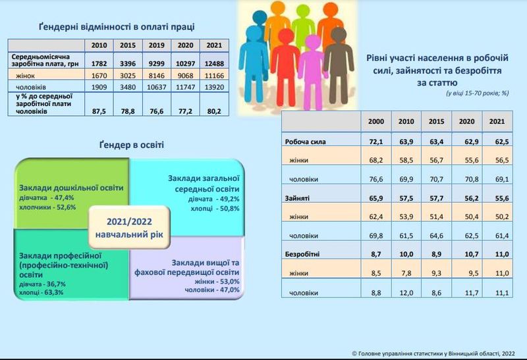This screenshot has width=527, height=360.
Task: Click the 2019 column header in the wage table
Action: tap(157, 45)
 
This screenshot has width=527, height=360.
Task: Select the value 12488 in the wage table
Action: tap(214, 63)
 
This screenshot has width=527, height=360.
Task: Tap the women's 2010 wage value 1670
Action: tap(99, 76)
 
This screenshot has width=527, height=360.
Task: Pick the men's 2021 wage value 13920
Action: tap(214, 87)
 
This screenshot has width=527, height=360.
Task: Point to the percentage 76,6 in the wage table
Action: tap(157, 111)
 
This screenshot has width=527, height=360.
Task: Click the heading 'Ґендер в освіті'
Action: tap(131, 145)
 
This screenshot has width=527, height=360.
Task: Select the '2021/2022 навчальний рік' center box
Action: tap(129, 227)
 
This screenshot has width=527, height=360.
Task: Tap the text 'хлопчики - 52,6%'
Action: tap(47, 207)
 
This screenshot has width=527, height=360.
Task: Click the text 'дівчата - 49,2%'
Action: tap(213, 199)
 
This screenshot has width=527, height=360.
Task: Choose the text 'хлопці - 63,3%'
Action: tap(41, 292)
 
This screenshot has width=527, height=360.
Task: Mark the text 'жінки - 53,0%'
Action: tap(217, 282)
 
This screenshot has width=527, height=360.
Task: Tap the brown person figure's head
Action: tap(339, 36)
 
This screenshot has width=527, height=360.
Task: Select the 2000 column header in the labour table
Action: tap(376, 121)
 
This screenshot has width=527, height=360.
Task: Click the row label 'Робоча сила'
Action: tap(305, 141)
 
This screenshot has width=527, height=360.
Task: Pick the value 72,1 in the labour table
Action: tap(376, 141)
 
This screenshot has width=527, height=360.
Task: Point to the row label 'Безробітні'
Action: tap(302, 254)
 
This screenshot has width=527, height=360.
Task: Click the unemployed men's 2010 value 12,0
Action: tap(406, 293)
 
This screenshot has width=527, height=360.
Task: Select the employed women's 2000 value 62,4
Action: tap(376, 217)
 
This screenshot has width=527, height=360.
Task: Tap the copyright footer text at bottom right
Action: tap(433, 353)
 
